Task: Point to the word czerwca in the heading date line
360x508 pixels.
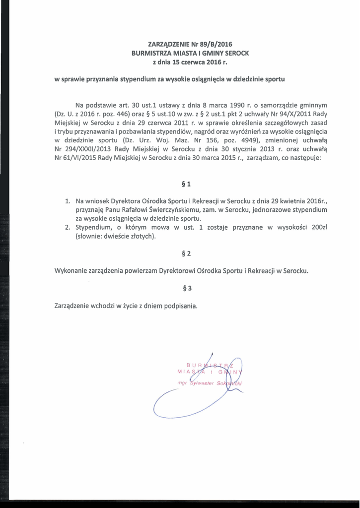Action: pos(189,63)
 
